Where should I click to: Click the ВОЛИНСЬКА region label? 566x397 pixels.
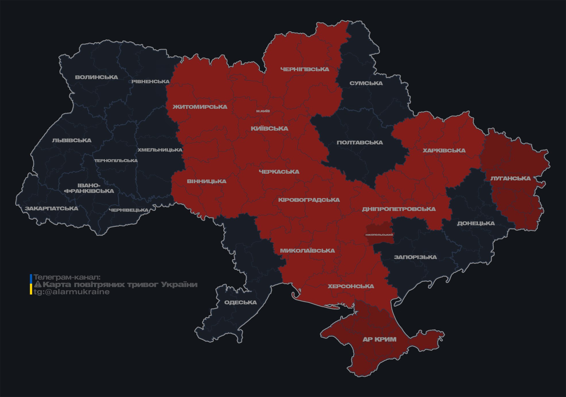pyautogui.click(x=96, y=77)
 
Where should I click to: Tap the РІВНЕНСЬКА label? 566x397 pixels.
pyautogui.click(x=150, y=82)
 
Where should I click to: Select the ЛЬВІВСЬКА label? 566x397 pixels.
pyautogui.click(x=72, y=140)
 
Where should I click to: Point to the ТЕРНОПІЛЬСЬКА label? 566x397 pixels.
pyautogui.click(x=116, y=160)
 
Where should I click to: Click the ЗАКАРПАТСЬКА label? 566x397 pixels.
pyautogui.click(x=51, y=208)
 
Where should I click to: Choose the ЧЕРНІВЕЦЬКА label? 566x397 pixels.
pyautogui.click(x=128, y=210)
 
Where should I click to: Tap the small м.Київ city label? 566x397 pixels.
pyautogui.click(x=263, y=111)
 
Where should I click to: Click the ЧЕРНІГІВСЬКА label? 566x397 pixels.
pyautogui.click(x=305, y=69)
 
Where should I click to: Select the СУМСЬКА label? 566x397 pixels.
pyautogui.click(x=366, y=83)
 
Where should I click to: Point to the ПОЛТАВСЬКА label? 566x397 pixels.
pyautogui.click(x=360, y=143)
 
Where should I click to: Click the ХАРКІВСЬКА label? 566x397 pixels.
pyautogui.click(x=444, y=150)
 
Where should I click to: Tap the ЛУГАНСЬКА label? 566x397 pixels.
pyautogui.click(x=510, y=178)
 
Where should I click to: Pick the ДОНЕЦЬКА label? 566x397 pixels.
pyautogui.click(x=476, y=223)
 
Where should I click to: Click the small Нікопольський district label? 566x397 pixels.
pyautogui.click(x=379, y=235)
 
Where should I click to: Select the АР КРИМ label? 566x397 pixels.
pyautogui.click(x=379, y=339)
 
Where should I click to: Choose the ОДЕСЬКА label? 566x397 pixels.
pyautogui.click(x=240, y=302)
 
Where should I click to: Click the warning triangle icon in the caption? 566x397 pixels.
pyautogui.click(x=38, y=284)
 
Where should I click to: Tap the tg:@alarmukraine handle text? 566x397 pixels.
pyautogui.click(x=72, y=292)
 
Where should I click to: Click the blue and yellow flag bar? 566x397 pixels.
pyautogui.click(x=31, y=284)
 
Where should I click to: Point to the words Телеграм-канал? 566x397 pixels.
pyautogui.click(x=67, y=277)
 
